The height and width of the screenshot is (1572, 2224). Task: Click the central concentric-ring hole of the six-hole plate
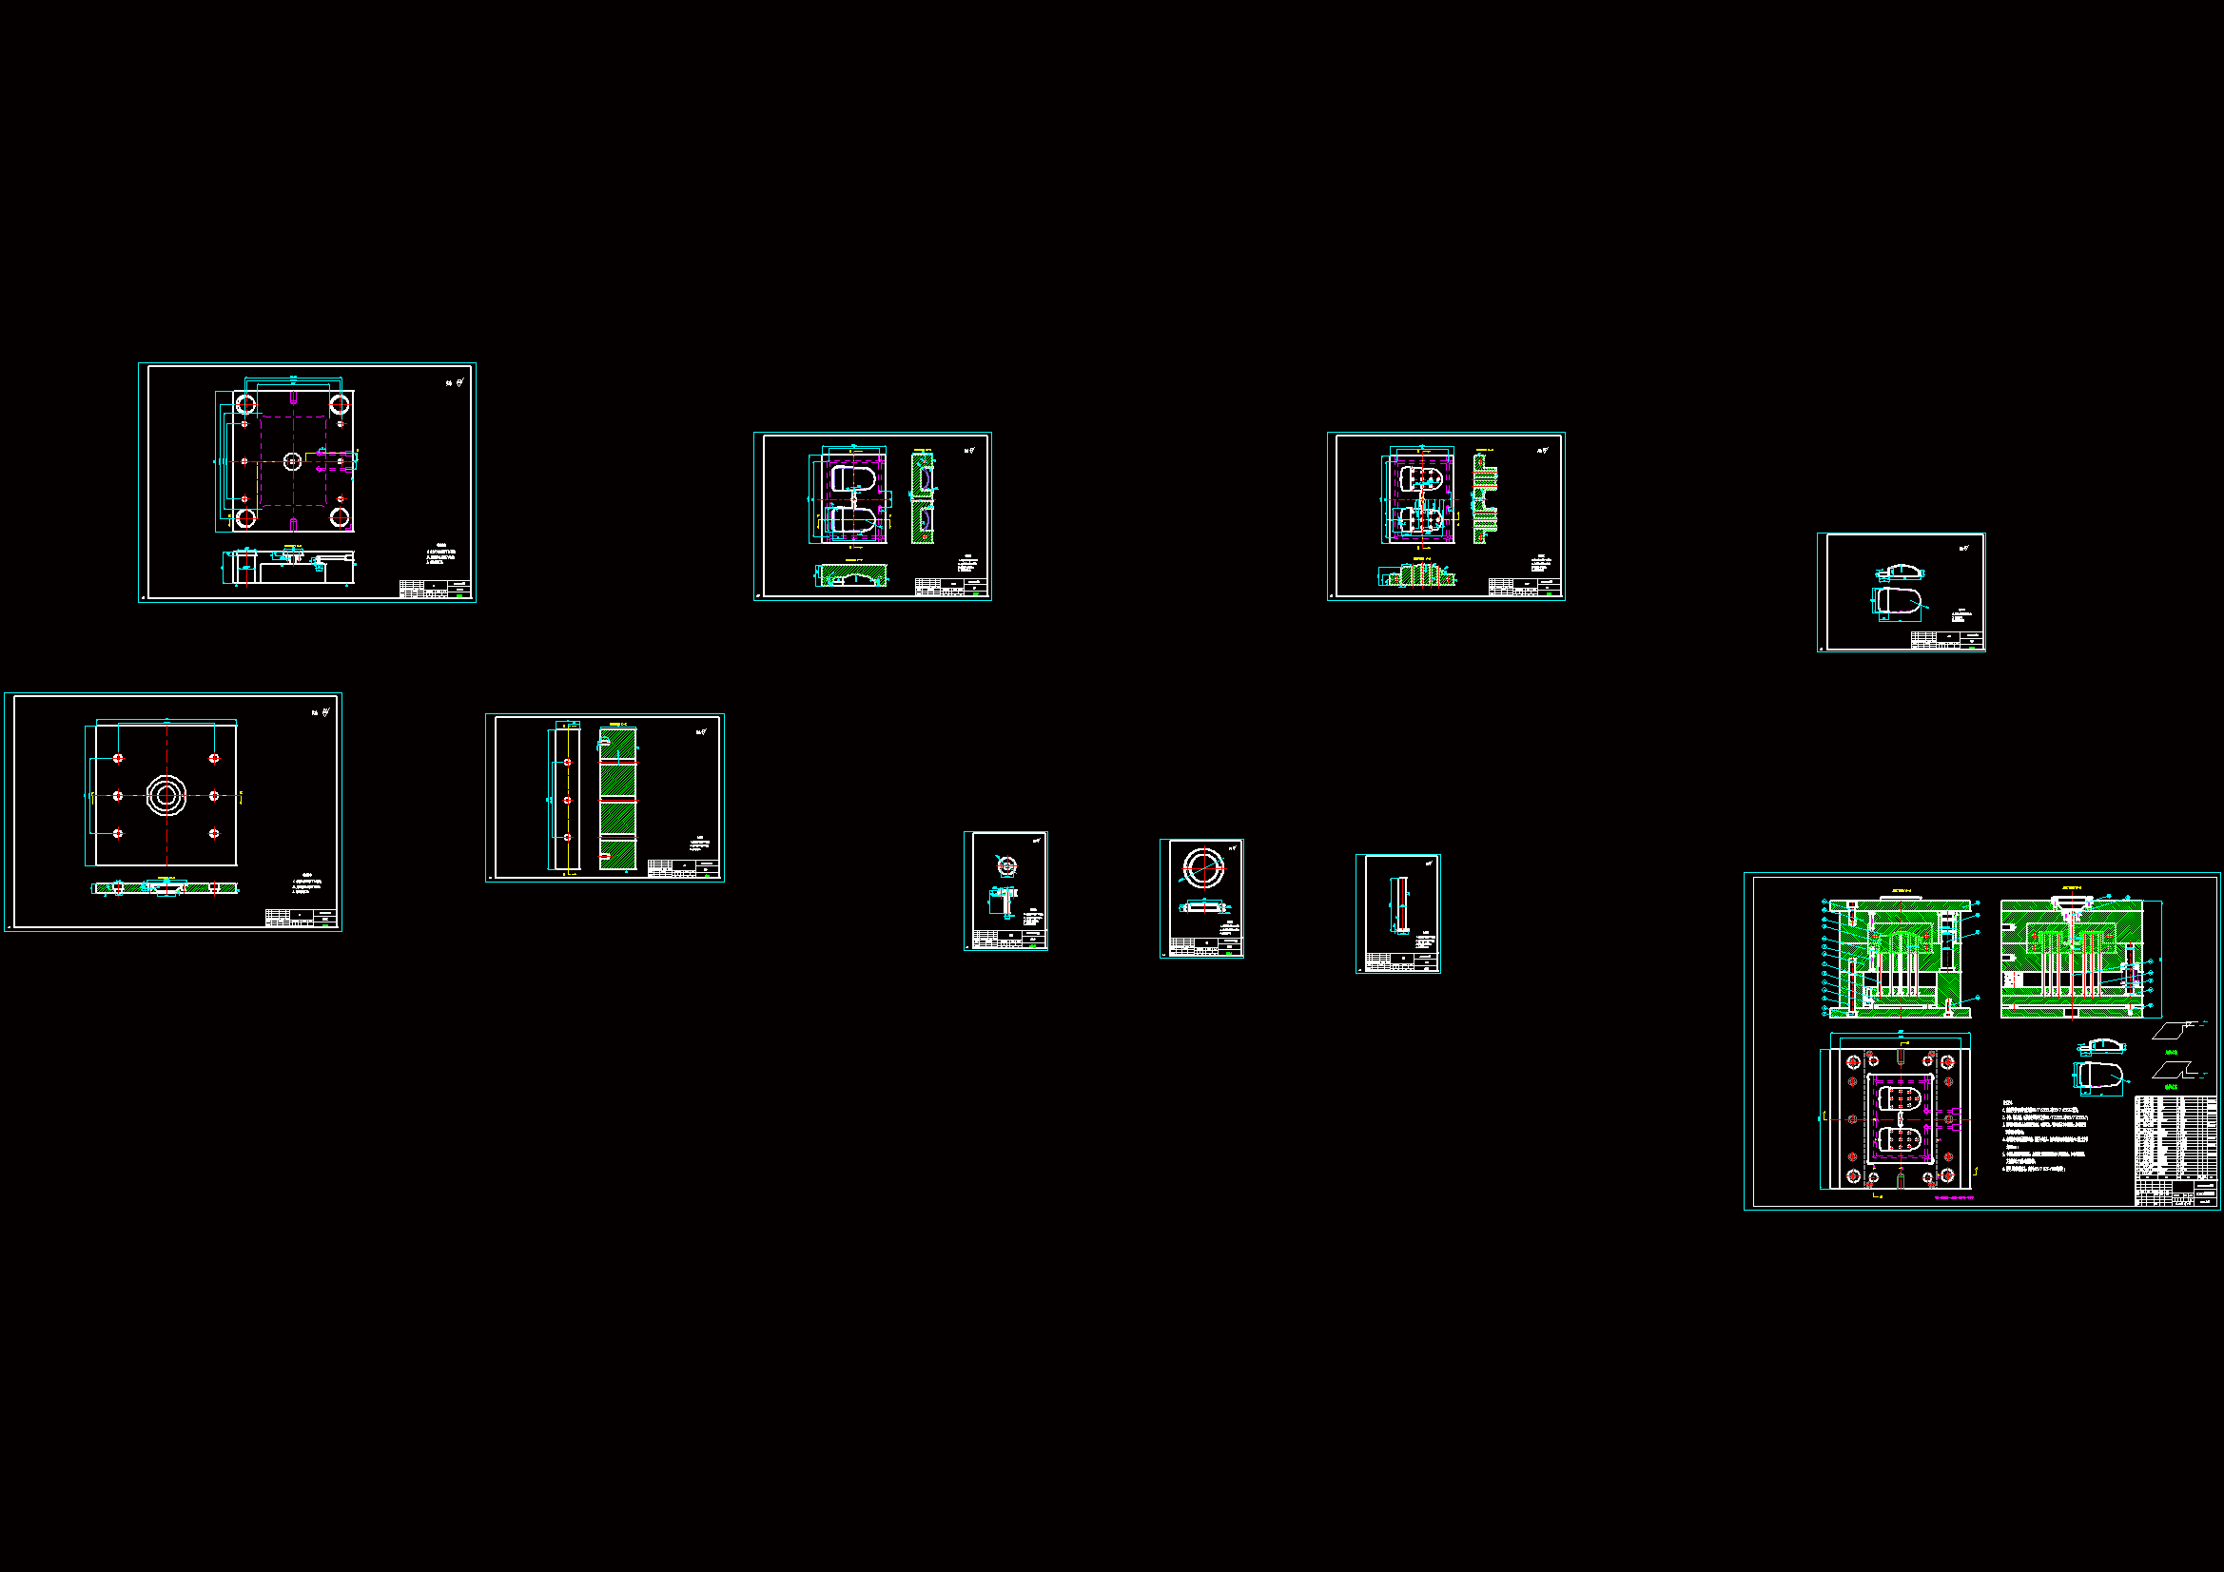(166, 795)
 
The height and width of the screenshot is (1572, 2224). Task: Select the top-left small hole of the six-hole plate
(118, 758)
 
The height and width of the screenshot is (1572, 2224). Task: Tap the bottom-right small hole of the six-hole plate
(214, 833)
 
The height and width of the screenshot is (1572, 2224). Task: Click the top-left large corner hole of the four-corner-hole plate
(245, 403)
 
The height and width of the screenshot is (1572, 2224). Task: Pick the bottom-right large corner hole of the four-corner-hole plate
(339, 518)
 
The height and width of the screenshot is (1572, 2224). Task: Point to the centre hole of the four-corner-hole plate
(293, 461)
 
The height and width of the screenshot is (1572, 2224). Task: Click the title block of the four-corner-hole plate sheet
(435, 589)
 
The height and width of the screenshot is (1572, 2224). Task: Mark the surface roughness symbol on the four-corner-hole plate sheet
(456, 382)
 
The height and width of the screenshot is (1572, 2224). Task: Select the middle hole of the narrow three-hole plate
(568, 800)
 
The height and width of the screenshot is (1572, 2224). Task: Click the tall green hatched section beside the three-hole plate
(617, 798)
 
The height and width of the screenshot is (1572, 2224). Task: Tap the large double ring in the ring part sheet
(1203, 867)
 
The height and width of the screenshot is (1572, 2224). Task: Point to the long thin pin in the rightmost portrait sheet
(1399, 905)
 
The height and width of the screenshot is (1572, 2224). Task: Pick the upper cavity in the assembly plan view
(1900, 1097)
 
